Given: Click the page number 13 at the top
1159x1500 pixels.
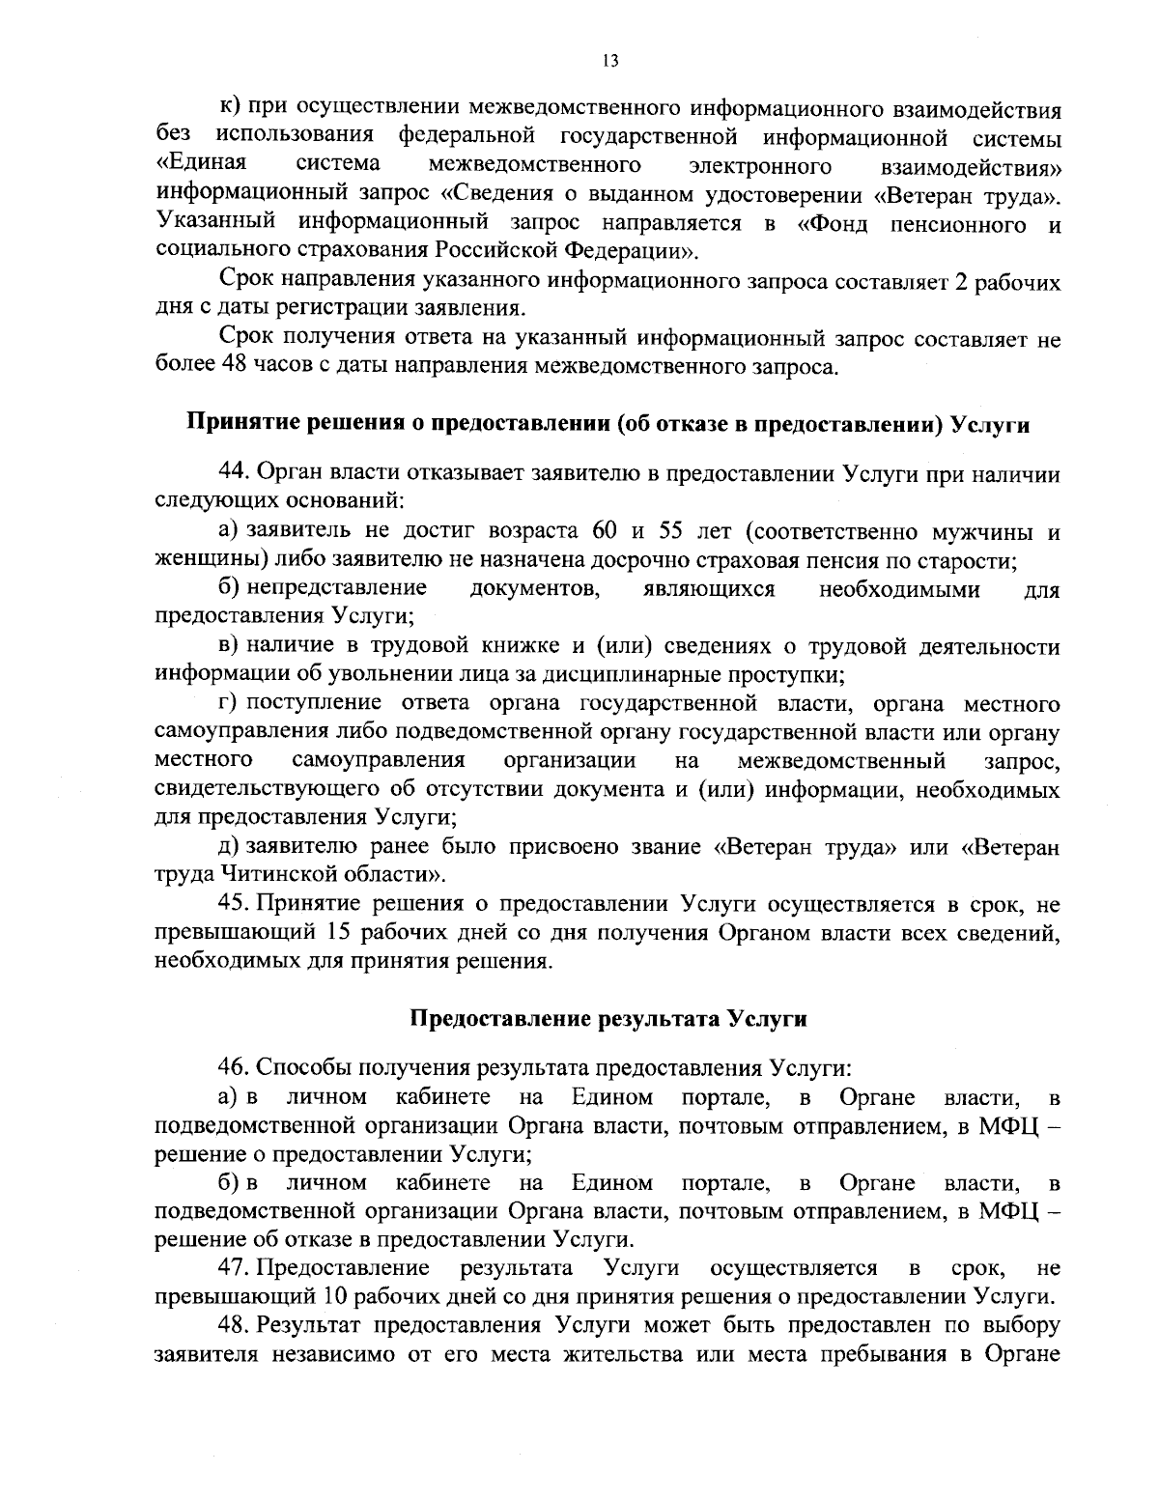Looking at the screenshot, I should click(x=609, y=61).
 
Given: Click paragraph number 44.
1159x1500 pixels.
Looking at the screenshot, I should click(x=236, y=475).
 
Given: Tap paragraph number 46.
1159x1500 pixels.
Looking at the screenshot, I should click(x=236, y=1068).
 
